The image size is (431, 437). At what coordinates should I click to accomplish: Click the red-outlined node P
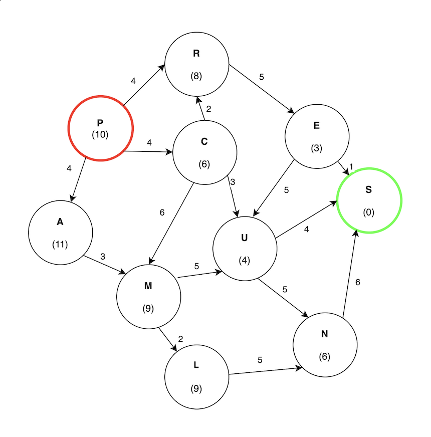[x=100, y=128]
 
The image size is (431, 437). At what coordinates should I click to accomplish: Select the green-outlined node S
[x=369, y=200]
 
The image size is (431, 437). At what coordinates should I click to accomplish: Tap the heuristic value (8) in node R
[x=196, y=76]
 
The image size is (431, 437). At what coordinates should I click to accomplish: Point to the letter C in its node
[x=204, y=142]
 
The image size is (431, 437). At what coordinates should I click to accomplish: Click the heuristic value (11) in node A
[x=60, y=245]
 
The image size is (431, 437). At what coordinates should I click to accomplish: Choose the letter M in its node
[x=148, y=286]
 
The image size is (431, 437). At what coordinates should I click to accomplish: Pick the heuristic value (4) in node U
[x=244, y=261]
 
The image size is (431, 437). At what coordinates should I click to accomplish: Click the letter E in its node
[x=316, y=126]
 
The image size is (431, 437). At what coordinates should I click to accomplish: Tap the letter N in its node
[x=324, y=334]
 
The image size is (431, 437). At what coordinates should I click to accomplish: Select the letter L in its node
[x=196, y=365]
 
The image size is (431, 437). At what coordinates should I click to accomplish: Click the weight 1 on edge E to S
[x=351, y=167]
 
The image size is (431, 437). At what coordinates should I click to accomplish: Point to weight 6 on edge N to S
[x=358, y=283]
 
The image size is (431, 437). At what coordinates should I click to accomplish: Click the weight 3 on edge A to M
[x=103, y=257]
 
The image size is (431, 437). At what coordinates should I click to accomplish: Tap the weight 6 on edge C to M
[x=162, y=212]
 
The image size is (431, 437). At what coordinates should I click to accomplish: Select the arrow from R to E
[x=261, y=88]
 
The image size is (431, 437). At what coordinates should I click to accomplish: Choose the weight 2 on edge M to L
[x=180, y=339]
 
